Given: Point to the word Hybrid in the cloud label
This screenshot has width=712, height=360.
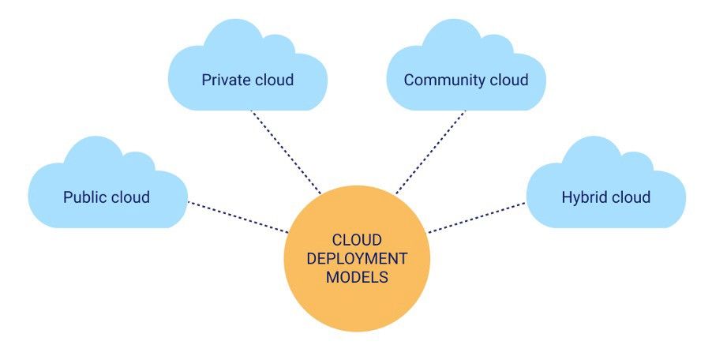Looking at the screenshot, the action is coord(583,197).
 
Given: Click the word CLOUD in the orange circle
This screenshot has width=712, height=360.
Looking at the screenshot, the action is coord(357,240).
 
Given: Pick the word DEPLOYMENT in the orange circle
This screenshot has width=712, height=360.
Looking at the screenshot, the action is coord(357,258).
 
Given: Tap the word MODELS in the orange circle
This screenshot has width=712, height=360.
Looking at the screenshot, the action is coord(357,277).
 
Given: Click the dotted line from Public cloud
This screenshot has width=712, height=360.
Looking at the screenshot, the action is coord(238,217).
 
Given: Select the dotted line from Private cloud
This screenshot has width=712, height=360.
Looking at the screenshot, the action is coord(287,152).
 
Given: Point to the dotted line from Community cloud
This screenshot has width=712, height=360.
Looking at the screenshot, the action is coord(430,152).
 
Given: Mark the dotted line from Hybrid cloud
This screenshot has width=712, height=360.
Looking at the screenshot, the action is coord(477,218).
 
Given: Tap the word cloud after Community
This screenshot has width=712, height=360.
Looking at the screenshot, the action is coord(503,80).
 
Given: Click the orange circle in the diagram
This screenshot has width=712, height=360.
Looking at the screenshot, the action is coord(357,258).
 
